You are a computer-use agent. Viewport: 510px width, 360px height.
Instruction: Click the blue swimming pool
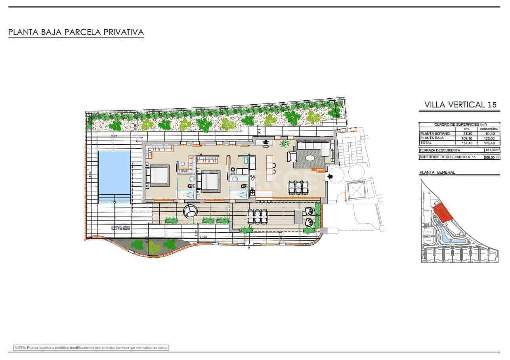pyautogui.click(x=115, y=172)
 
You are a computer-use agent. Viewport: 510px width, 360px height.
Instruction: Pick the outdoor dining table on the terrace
pyautogui.click(x=257, y=216)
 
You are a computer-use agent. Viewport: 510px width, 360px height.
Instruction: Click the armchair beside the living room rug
pyautogui.click(x=292, y=156)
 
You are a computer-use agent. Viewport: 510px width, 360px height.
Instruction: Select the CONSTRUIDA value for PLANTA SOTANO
pyautogui.click(x=489, y=134)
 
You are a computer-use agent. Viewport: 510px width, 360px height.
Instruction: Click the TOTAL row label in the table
pyautogui.click(x=426, y=143)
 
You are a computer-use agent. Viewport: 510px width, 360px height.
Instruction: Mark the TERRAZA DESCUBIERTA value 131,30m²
pyautogui.click(x=492, y=150)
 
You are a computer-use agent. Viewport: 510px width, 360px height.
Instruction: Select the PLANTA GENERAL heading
pyautogui.click(x=437, y=172)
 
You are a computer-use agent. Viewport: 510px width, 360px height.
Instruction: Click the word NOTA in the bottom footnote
pyautogui.click(x=20, y=348)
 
